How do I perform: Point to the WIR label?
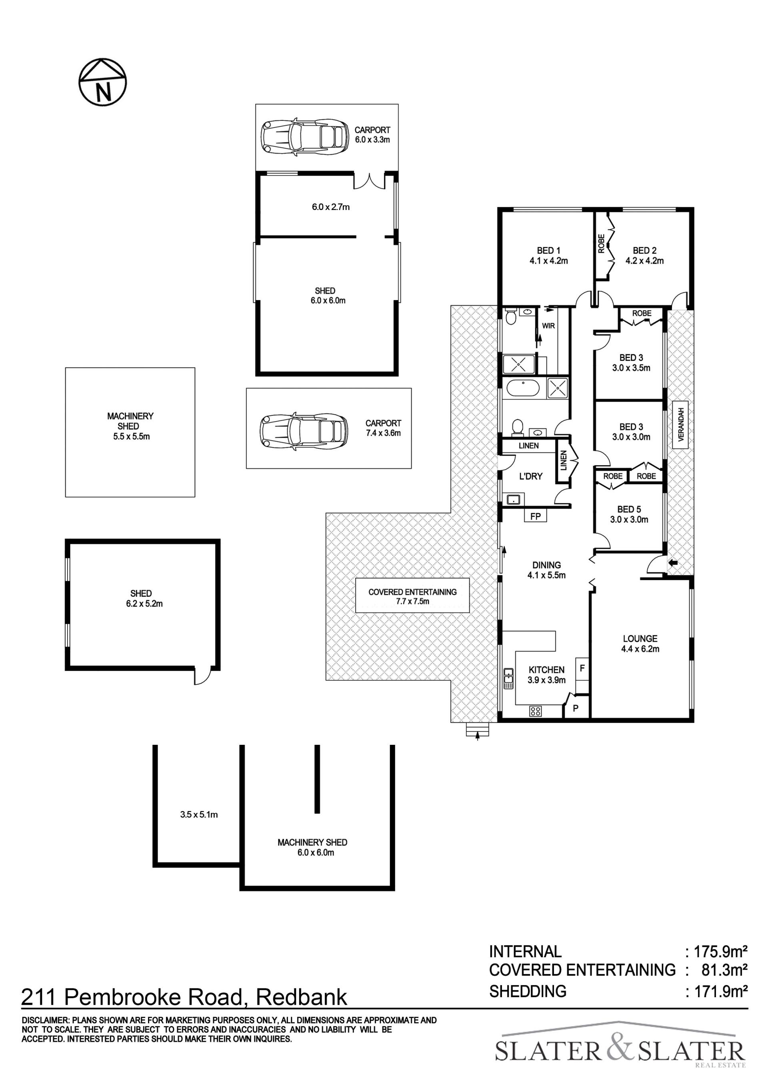pyautogui.click(x=548, y=326)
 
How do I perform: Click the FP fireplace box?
pyautogui.click(x=535, y=516)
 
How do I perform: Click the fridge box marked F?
pyautogui.click(x=582, y=669)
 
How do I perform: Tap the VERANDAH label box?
pyautogui.click(x=680, y=424)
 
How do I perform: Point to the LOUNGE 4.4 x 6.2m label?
pyautogui.click(x=640, y=644)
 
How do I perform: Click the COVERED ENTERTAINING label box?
pyautogui.click(x=412, y=596)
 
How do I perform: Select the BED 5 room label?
pyautogui.click(x=629, y=514)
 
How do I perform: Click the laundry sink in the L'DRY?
pyautogui.click(x=513, y=499)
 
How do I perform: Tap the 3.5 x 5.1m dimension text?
pyautogui.click(x=199, y=814)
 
